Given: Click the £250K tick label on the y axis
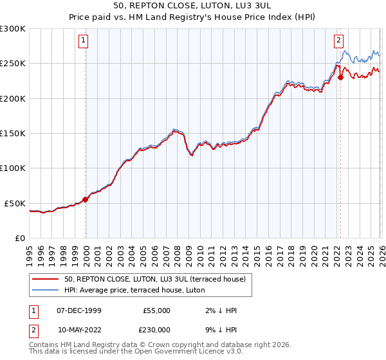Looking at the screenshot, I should pyautogui.click(x=13, y=64).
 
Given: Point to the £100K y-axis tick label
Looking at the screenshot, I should pyautogui.click(x=13, y=168).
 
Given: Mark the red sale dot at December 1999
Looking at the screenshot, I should pyautogui.click(x=86, y=199).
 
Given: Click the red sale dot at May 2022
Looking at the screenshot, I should pyautogui.click(x=340, y=77).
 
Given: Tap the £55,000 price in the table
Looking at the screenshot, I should pyautogui.click(x=156, y=310).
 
